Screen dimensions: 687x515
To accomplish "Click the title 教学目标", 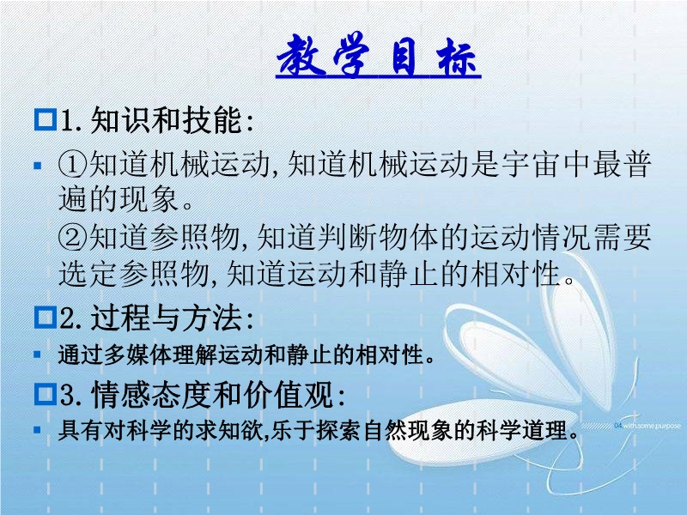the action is point(378,55).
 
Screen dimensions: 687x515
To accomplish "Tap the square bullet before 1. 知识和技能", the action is point(46,119).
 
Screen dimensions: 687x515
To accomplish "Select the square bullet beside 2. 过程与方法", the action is point(46,317).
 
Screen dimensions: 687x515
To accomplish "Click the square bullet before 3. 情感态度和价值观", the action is point(46,394).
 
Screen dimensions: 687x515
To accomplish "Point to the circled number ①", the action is point(73,164).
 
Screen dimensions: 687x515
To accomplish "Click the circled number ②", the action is point(73,238).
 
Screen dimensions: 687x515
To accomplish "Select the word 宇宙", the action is point(532,164).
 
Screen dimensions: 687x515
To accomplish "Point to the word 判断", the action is point(348,238).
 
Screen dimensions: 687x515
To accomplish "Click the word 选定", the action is point(88,275).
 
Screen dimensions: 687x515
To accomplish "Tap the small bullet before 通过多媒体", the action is point(37,354).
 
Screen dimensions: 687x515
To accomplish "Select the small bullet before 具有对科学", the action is point(37,430).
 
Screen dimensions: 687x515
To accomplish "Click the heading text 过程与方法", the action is point(166,318).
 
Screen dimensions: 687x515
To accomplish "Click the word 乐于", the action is point(293,431).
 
